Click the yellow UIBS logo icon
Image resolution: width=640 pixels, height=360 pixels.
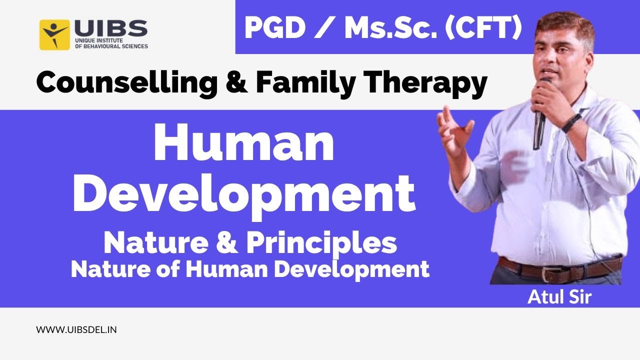pyautogui.click(x=54, y=34)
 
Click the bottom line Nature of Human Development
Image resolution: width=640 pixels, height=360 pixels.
pyautogui.click(x=250, y=269)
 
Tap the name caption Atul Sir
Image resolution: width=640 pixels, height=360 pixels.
pyautogui.click(x=559, y=297)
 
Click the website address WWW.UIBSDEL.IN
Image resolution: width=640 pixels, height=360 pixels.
pyautogui.click(x=76, y=330)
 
